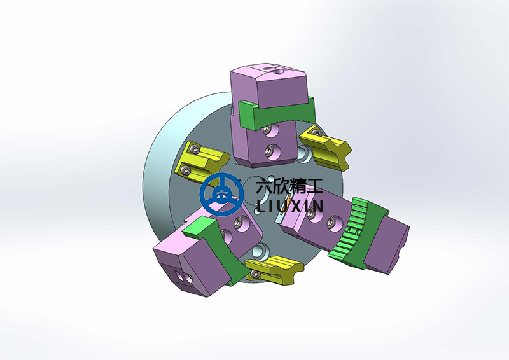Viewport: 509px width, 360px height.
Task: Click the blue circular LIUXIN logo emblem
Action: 221,193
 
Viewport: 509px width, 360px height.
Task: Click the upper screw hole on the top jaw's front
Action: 272,130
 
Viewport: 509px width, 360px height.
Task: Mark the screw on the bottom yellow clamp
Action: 255,274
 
